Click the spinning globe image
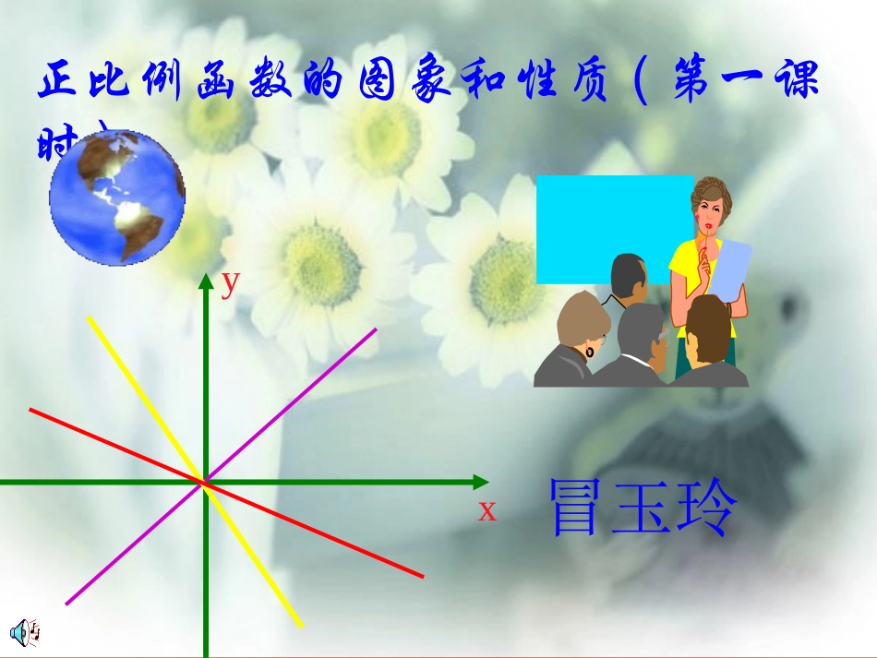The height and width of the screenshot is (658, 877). (117, 197)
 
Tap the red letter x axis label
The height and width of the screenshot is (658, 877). (487, 510)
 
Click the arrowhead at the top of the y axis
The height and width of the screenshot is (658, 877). (205, 282)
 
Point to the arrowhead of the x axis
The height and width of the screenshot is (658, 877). (480, 482)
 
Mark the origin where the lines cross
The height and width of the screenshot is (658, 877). (204, 481)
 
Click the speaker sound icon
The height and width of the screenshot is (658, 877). (23, 631)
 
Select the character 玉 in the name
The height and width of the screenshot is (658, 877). (643, 508)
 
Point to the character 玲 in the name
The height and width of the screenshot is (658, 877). (706, 508)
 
